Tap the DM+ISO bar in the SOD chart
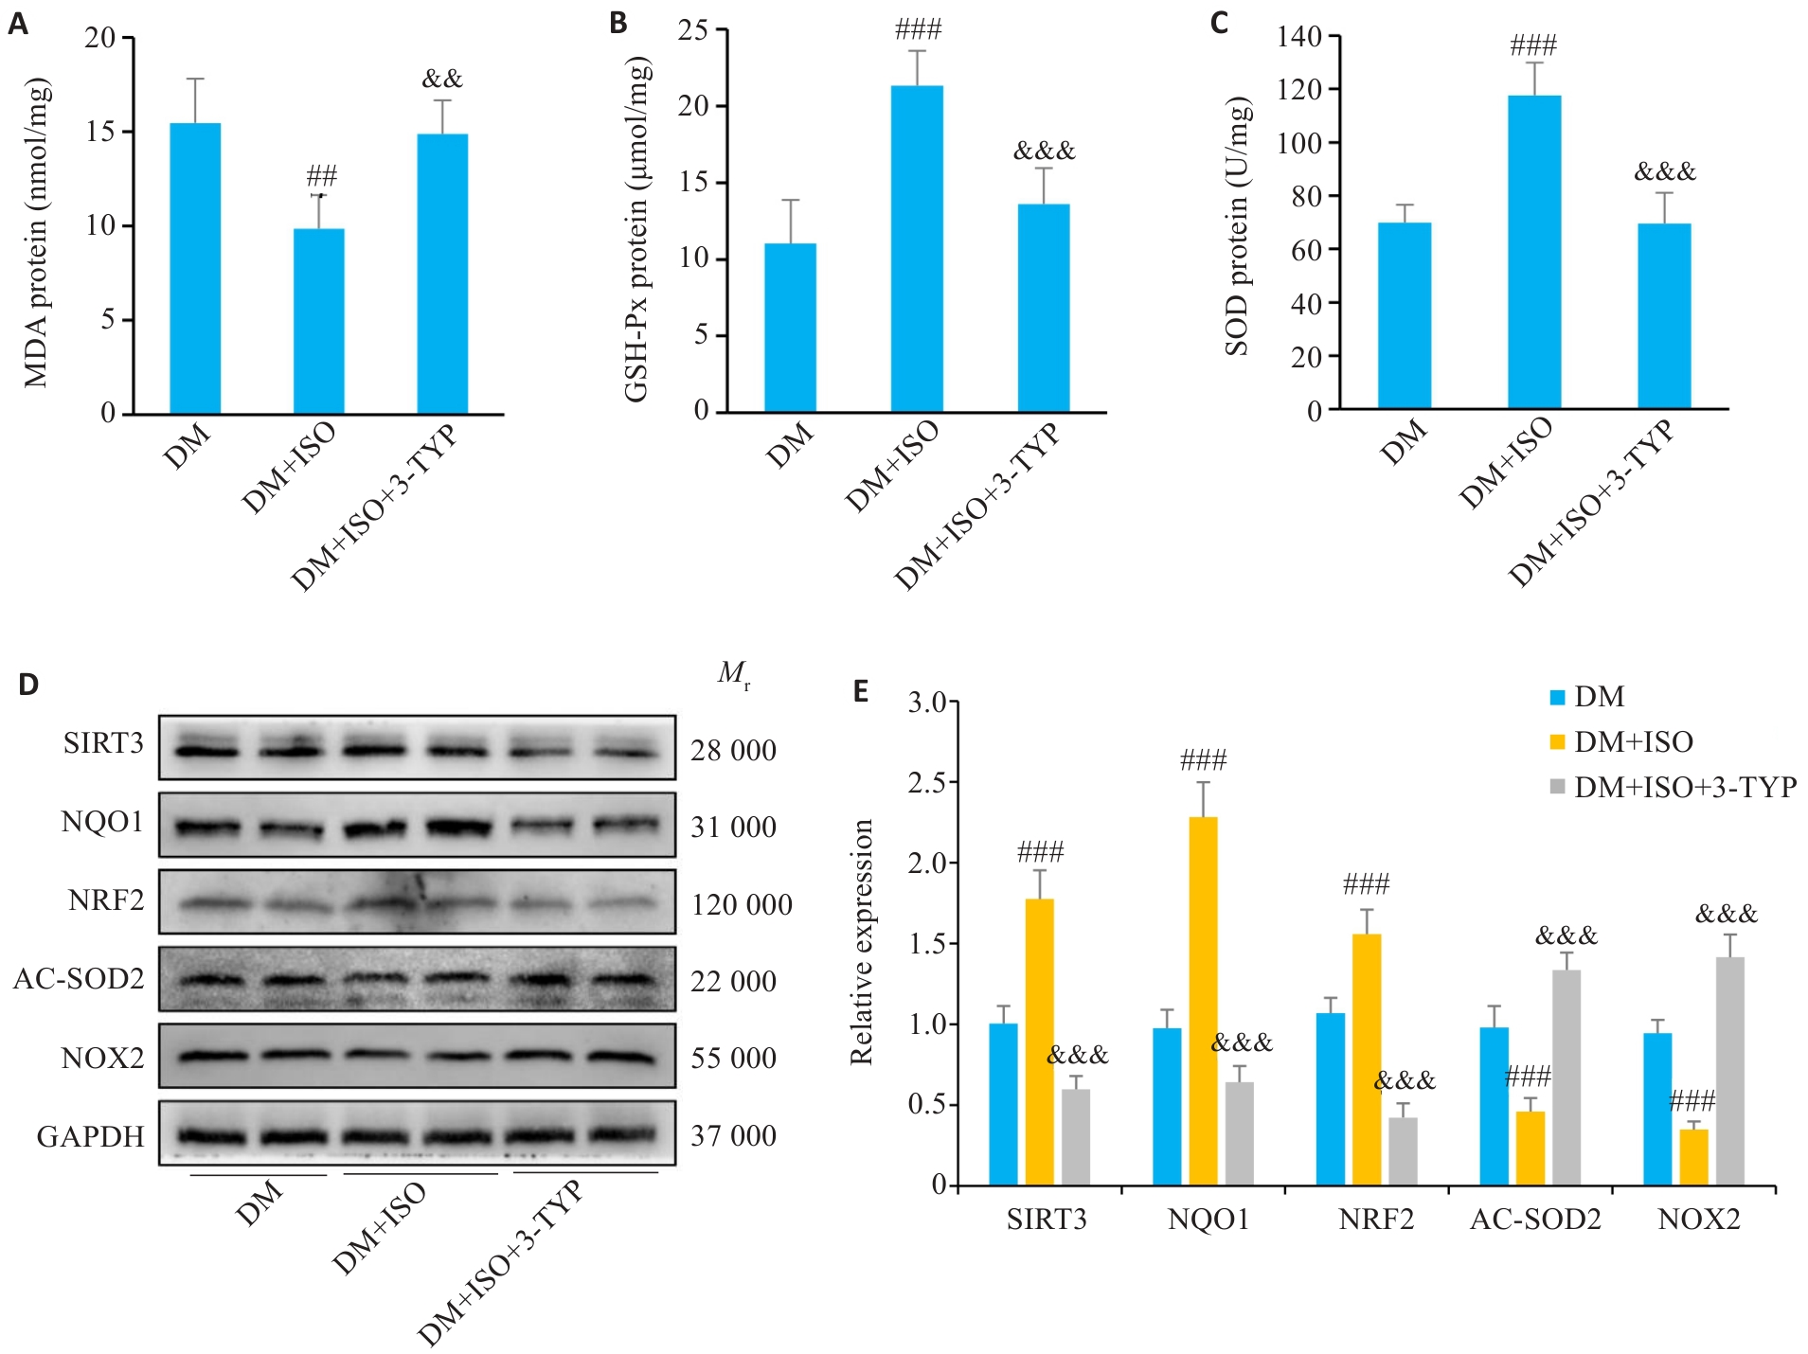tap(1534, 252)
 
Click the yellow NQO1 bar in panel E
tap(1203, 1000)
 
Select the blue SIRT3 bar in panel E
tap(1003, 1103)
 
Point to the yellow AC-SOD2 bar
tap(1531, 1148)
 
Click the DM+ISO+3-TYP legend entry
tap(1685, 787)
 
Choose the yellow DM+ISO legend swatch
tap(1557, 742)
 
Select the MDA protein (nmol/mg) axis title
tap(37, 233)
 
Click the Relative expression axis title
tap(861, 941)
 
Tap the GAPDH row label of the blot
tap(91, 1135)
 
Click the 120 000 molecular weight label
tap(742, 905)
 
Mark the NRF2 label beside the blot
tap(106, 900)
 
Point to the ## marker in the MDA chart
tap(322, 176)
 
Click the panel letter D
tap(28, 684)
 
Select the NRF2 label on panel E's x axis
tap(1375, 1220)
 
